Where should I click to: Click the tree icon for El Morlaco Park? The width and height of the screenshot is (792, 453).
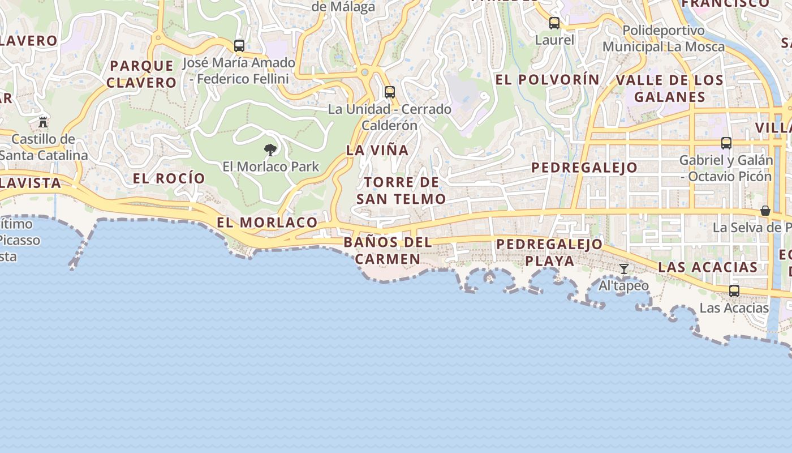[x=270, y=150]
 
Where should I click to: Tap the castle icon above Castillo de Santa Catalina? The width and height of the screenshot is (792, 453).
[x=43, y=122]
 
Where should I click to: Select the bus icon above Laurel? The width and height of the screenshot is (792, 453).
[x=554, y=23]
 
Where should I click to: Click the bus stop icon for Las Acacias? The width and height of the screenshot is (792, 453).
[x=734, y=291]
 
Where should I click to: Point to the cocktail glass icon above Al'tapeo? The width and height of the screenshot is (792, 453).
[x=623, y=269]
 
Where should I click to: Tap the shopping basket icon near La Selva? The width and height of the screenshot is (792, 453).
[x=765, y=211]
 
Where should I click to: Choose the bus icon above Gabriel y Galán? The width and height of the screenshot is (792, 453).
[x=726, y=143]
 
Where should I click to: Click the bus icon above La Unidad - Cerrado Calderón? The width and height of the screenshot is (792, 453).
[x=389, y=92]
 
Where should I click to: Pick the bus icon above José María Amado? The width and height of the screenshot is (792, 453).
[x=239, y=46]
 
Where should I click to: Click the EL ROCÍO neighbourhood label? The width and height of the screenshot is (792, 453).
[x=169, y=178]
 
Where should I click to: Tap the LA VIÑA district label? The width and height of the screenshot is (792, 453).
[x=377, y=150]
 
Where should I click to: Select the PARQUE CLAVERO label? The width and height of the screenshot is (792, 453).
[x=141, y=74]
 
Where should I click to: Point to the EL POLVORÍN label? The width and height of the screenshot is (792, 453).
[x=547, y=80]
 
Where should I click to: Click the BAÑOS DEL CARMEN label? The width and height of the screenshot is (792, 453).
[x=388, y=251]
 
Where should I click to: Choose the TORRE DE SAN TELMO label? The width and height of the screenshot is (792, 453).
[x=401, y=191]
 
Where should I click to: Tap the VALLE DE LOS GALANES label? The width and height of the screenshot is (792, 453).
[x=670, y=88]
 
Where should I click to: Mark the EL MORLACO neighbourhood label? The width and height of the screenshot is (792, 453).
[x=267, y=223]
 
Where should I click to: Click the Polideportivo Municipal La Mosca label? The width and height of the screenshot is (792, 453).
[x=663, y=39]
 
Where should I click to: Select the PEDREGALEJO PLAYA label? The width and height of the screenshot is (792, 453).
[x=549, y=253]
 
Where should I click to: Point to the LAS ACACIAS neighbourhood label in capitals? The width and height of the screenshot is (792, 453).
[x=708, y=267]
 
